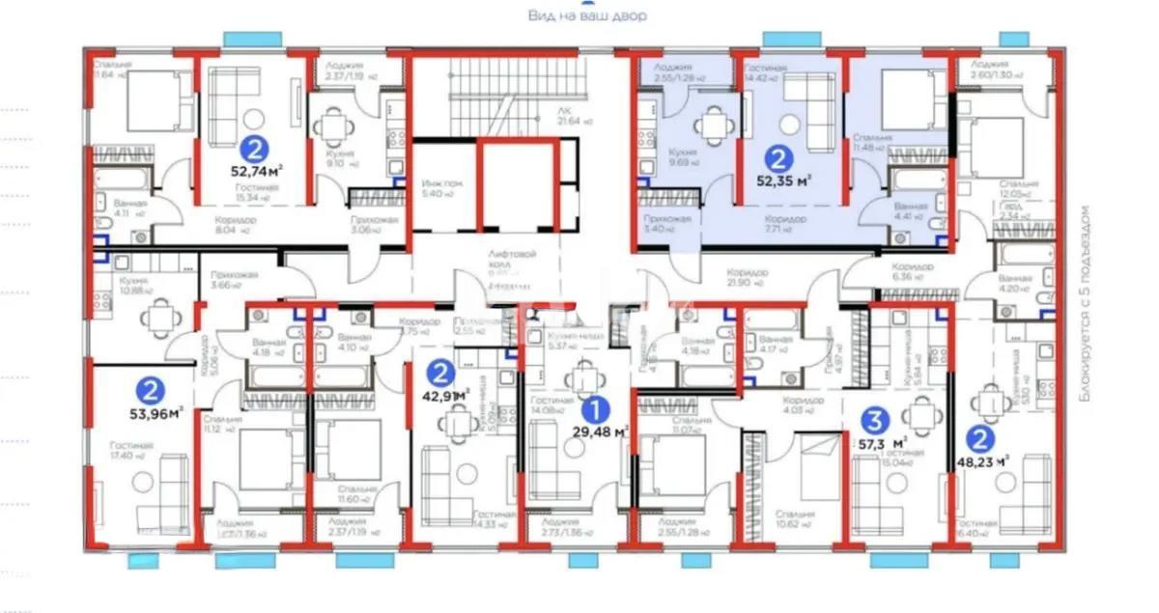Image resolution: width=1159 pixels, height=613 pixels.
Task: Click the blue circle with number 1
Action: (x=600, y=410)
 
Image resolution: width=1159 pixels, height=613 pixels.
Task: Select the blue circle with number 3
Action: (x=874, y=419)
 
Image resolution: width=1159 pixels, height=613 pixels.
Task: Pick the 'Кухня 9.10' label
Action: (x=336, y=158)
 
